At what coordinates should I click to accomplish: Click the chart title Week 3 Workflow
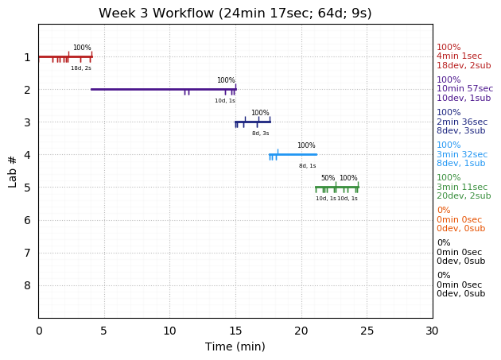[235, 14]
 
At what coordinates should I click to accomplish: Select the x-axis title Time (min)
[235, 346]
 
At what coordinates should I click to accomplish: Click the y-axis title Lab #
[13, 171]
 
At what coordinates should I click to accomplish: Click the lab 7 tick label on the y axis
[27, 253]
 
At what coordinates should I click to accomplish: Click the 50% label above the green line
[328, 178]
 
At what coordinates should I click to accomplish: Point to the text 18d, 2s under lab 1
[81, 68]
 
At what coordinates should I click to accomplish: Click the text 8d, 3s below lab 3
[261, 134]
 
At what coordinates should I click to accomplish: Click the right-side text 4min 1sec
[460, 56]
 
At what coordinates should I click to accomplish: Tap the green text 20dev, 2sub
[463, 196]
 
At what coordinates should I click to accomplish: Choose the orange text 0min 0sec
[459, 219]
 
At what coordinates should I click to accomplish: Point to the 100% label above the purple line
[226, 80]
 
